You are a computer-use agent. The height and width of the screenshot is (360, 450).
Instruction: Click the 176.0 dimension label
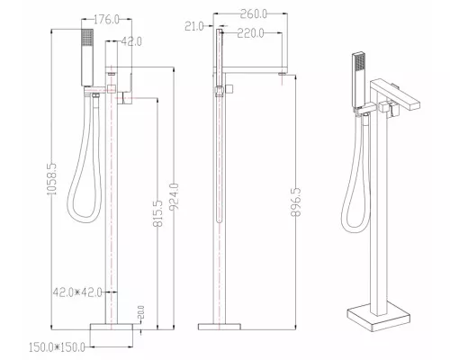pos(106,20)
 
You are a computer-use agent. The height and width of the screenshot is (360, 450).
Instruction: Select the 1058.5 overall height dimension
pos(52,179)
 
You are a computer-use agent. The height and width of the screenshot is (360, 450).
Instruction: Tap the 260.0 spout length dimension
pos(253,13)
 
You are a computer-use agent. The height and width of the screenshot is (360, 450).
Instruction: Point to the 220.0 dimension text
pos(250,33)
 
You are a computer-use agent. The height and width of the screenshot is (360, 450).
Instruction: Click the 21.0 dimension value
pos(194,26)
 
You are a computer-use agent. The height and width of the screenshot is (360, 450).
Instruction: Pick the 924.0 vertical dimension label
pos(174,197)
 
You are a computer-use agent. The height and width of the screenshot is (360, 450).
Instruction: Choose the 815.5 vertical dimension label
pos(157,213)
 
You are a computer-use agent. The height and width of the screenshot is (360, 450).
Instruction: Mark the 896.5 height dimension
pos(296,202)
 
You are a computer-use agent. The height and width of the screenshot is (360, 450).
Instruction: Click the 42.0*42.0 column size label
pos(77,292)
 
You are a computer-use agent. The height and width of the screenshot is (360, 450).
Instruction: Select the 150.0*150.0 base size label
pos(57,347)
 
